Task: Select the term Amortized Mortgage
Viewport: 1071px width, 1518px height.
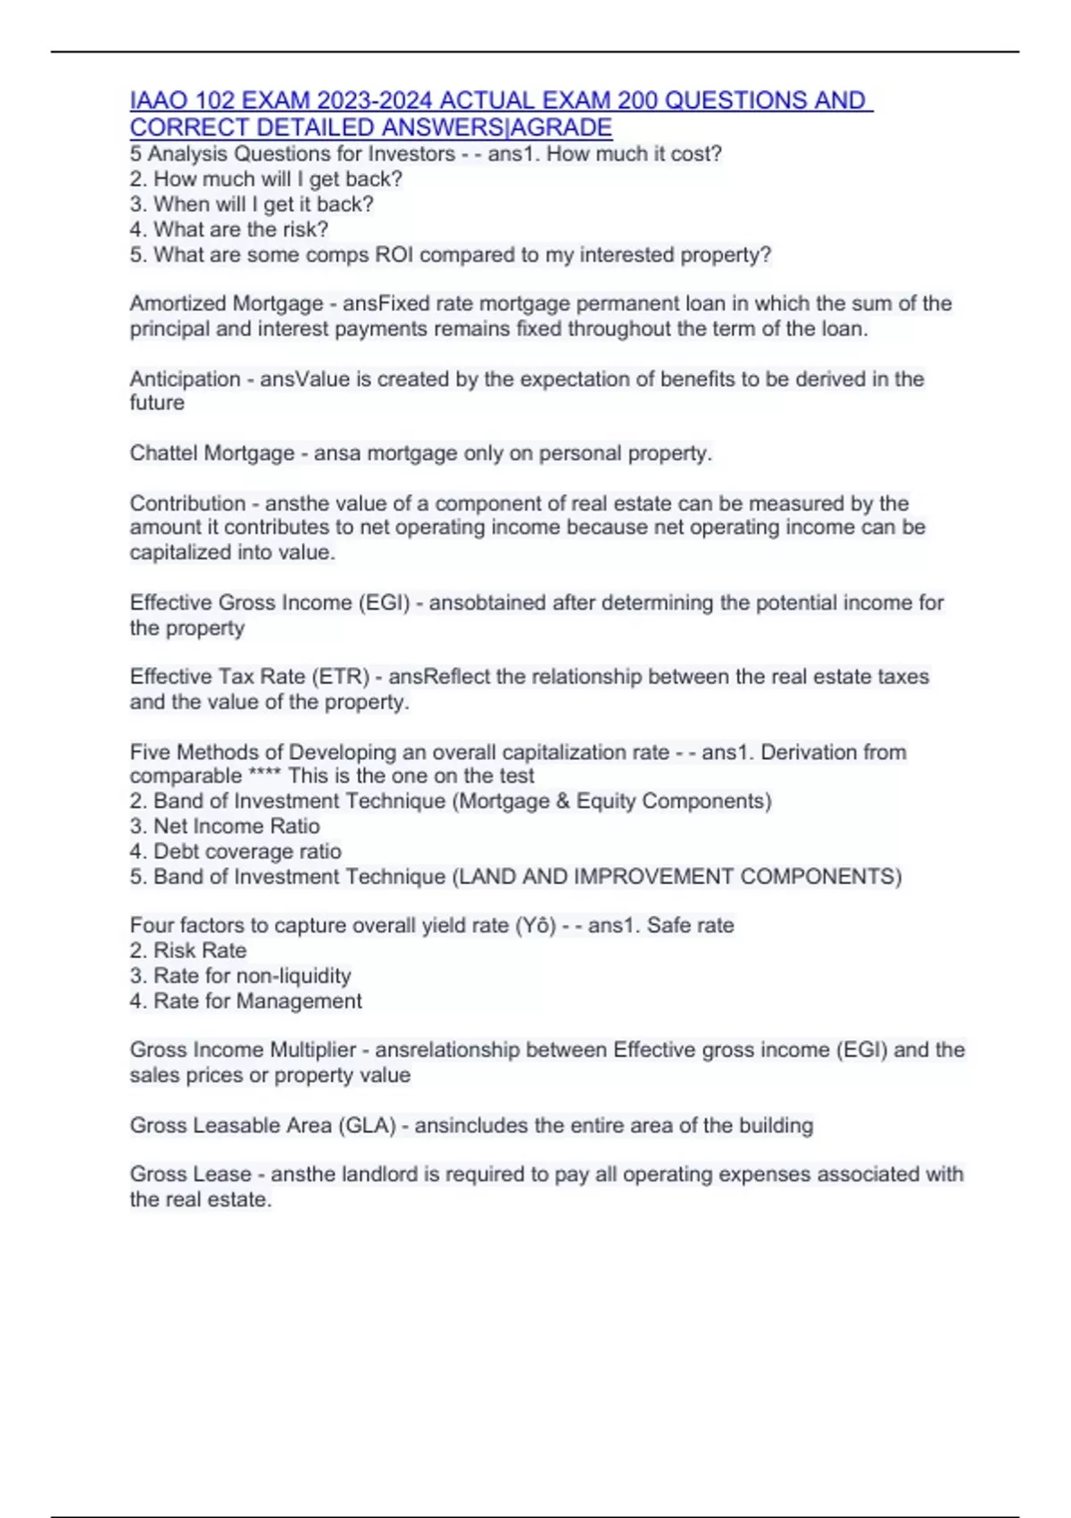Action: tap(226, 304)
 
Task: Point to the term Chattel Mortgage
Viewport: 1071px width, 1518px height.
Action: tap(212, 454)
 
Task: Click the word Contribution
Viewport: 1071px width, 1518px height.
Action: tap(187, 504)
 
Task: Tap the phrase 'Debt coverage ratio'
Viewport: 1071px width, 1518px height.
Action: tap(247, 852)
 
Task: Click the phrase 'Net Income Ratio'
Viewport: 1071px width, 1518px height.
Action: tap(237, 827)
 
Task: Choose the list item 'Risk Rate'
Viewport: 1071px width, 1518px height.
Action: tap(200, 951)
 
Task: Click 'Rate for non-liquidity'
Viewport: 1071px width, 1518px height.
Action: tap(252, 976)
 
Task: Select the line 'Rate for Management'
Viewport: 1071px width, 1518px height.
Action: tap(257, 1001)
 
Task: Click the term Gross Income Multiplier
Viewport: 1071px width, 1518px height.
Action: tap(243, 1050)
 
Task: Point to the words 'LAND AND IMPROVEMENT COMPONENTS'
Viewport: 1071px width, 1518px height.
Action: tap(677, 877)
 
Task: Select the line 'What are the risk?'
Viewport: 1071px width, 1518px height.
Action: tap(240, 229)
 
